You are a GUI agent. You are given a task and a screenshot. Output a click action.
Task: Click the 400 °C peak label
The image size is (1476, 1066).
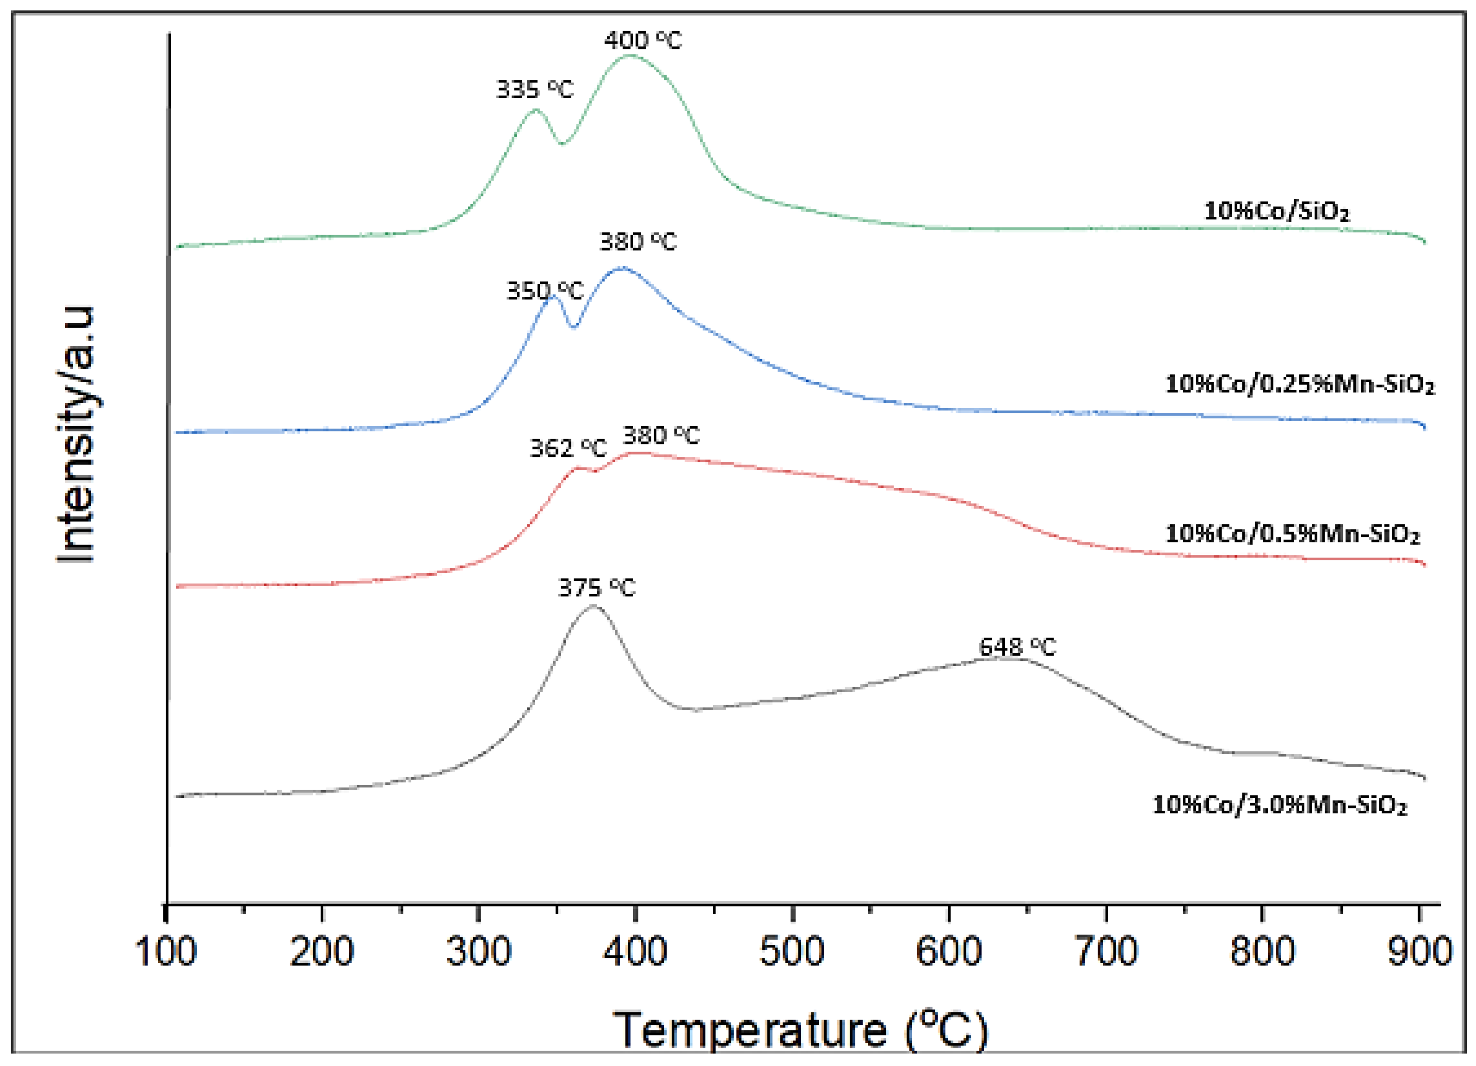(x=642, y=40)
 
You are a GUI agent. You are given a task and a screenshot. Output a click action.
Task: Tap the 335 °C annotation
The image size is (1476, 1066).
(x=534, y=89)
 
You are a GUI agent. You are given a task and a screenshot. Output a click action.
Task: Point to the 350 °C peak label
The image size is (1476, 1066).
(x=545, y=291)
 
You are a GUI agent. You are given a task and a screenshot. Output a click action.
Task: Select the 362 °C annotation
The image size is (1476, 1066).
(x=568, y=448)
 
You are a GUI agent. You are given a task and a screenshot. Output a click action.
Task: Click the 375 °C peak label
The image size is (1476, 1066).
(x=596, y=589)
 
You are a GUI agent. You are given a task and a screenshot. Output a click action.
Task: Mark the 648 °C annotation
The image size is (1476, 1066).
(x=1017, y=647)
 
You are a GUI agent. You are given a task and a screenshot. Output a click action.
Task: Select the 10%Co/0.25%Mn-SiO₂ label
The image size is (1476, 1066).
(x=1299, y=384)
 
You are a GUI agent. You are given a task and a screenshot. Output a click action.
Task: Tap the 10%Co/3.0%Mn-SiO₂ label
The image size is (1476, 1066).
(x=1280, y=805)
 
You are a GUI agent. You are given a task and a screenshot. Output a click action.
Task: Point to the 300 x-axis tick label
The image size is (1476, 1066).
(x=478, y=952)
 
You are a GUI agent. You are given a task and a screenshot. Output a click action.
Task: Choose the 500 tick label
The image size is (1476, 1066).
(x=792, y=952)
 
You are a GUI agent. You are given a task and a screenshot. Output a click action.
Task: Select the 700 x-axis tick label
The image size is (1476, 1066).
(x=1106, y=952)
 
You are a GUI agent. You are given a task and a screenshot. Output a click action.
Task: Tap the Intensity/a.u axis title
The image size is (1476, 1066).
(x=76, y=435)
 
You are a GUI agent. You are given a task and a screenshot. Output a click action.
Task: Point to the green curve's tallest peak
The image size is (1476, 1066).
(x=629, y=56)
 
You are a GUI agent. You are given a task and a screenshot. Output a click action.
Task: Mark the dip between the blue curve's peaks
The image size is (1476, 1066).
(x=573, y=328)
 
